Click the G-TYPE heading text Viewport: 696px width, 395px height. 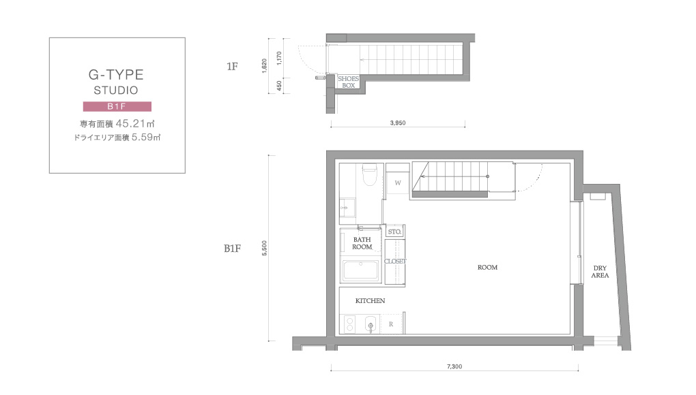(x=116, y=74)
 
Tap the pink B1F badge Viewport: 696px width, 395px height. (x=117, y=106)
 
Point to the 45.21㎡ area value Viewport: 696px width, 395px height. (x=135, y=123)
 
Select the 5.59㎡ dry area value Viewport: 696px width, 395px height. (x=145, y=138)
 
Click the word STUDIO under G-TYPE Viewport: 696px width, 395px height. (x=116, y=91)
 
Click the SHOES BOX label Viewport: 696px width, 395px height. (x=349, y=82)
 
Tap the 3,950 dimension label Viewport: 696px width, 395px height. (x=398, y=123)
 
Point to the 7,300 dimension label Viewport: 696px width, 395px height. (x=454, y=366)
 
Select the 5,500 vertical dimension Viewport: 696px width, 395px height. (x=265, y=248)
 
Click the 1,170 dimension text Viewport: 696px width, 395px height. (x=279, y=59)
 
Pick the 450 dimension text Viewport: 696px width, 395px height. (x=279, y=85)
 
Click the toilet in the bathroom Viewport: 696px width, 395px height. (x=369, y=175)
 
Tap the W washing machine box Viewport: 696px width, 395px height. (x=398, y=183)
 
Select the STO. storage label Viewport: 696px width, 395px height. (x=394, y=232)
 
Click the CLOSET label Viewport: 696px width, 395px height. (x=395, y=262)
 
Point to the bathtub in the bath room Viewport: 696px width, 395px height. (x=360, y=270)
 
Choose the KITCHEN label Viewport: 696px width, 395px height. (x=371, y=301)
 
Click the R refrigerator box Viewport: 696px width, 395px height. (x=391, y=324)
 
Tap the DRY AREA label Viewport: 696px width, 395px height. (x=600, y=272)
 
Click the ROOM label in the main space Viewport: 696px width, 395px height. (x=487, y=268)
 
